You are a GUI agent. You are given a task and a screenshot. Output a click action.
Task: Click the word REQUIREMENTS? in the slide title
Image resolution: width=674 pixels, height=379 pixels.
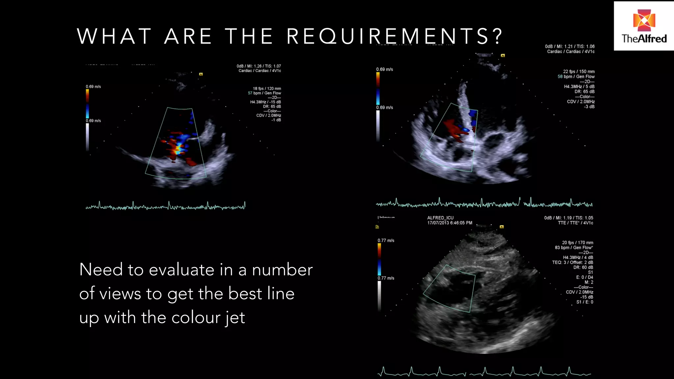[x=394, y=36]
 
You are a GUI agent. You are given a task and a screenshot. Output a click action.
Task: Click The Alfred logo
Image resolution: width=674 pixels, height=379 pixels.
[x=644, y=26]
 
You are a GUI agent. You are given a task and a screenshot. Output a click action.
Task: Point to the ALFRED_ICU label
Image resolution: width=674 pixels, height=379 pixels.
[x=440, y=218]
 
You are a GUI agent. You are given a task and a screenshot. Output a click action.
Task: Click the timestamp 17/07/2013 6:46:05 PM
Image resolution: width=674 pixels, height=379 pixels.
[x=450, y=223]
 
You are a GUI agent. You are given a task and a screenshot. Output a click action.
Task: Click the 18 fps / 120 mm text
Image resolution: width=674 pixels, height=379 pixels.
[x=267, y=88]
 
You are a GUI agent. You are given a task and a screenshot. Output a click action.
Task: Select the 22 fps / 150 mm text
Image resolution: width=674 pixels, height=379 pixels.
[x=579, y=71]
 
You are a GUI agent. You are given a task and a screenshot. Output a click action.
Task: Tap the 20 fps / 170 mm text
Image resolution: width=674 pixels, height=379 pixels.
[x=577, y=242]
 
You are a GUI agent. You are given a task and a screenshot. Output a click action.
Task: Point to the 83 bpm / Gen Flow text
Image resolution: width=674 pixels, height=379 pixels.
[x=574, y=247]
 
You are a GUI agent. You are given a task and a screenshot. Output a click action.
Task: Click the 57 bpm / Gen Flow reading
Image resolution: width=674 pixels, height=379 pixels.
[x=264, y=93]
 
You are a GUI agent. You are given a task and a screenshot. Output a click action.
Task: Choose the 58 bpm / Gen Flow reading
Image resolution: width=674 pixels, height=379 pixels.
[x=576, y=76]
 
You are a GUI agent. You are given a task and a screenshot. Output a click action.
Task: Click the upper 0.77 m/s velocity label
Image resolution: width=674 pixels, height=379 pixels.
[x=386, y=240]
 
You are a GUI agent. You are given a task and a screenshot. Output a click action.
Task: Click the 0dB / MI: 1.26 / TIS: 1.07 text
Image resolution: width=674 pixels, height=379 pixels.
[x=259, y=66]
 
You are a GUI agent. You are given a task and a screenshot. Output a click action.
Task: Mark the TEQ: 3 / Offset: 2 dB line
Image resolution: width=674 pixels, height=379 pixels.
[x=572, y=262]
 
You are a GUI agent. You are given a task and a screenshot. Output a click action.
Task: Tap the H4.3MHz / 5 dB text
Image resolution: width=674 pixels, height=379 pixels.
[x=579, y=87]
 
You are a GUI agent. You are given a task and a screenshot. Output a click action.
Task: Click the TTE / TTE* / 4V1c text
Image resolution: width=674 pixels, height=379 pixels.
[x=575, y=223]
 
